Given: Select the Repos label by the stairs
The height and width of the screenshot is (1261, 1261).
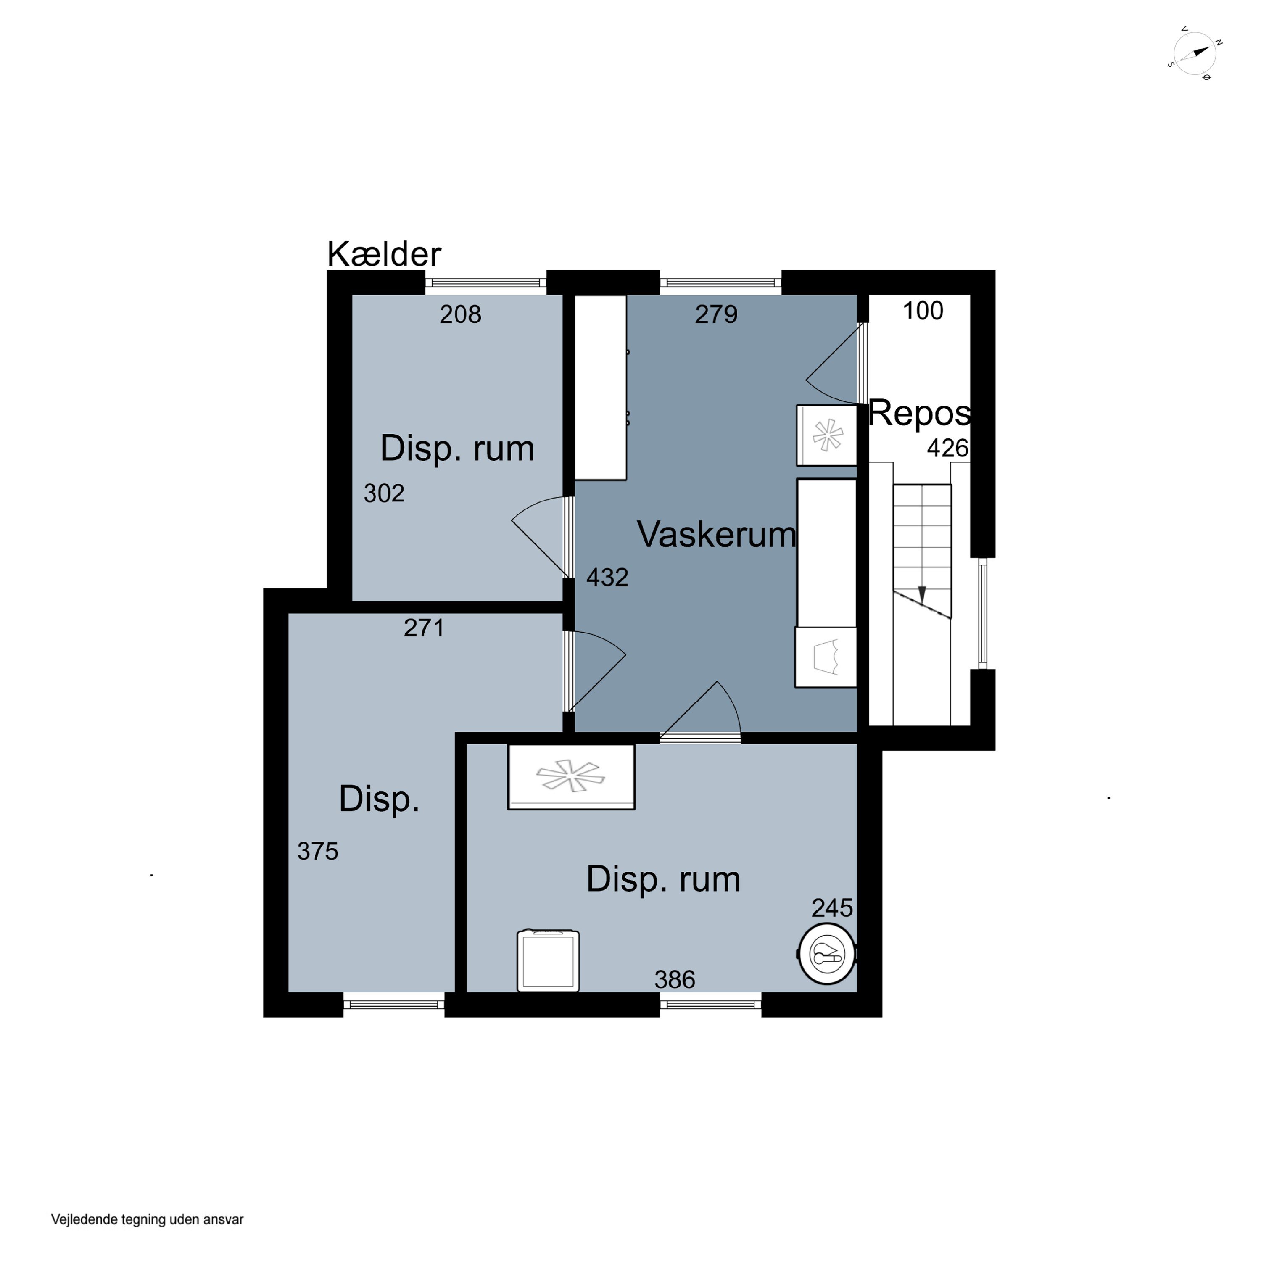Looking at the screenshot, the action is tap(920, 413).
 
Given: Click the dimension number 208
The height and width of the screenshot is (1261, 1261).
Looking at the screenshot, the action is tap(460, 314).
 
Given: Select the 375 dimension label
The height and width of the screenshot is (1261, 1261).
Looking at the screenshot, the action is tap(318, 851).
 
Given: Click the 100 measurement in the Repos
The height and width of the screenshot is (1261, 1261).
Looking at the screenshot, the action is tap(923, 311).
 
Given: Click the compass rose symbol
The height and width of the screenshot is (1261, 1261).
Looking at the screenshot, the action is tap(1195, 53).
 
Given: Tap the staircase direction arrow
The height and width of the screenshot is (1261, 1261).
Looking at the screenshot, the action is tap(922, 594).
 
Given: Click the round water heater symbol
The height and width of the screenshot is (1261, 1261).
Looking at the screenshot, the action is tap(827, 954).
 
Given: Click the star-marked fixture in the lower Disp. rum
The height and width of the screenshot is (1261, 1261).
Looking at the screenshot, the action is tap(571, 777).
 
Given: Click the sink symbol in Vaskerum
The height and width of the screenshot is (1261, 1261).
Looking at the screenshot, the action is tap(826, 657).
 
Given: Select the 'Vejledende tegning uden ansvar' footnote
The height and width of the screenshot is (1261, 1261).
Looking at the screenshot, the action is tap(148, 1219).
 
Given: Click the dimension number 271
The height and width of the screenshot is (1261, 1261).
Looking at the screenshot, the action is tap(424, 628).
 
